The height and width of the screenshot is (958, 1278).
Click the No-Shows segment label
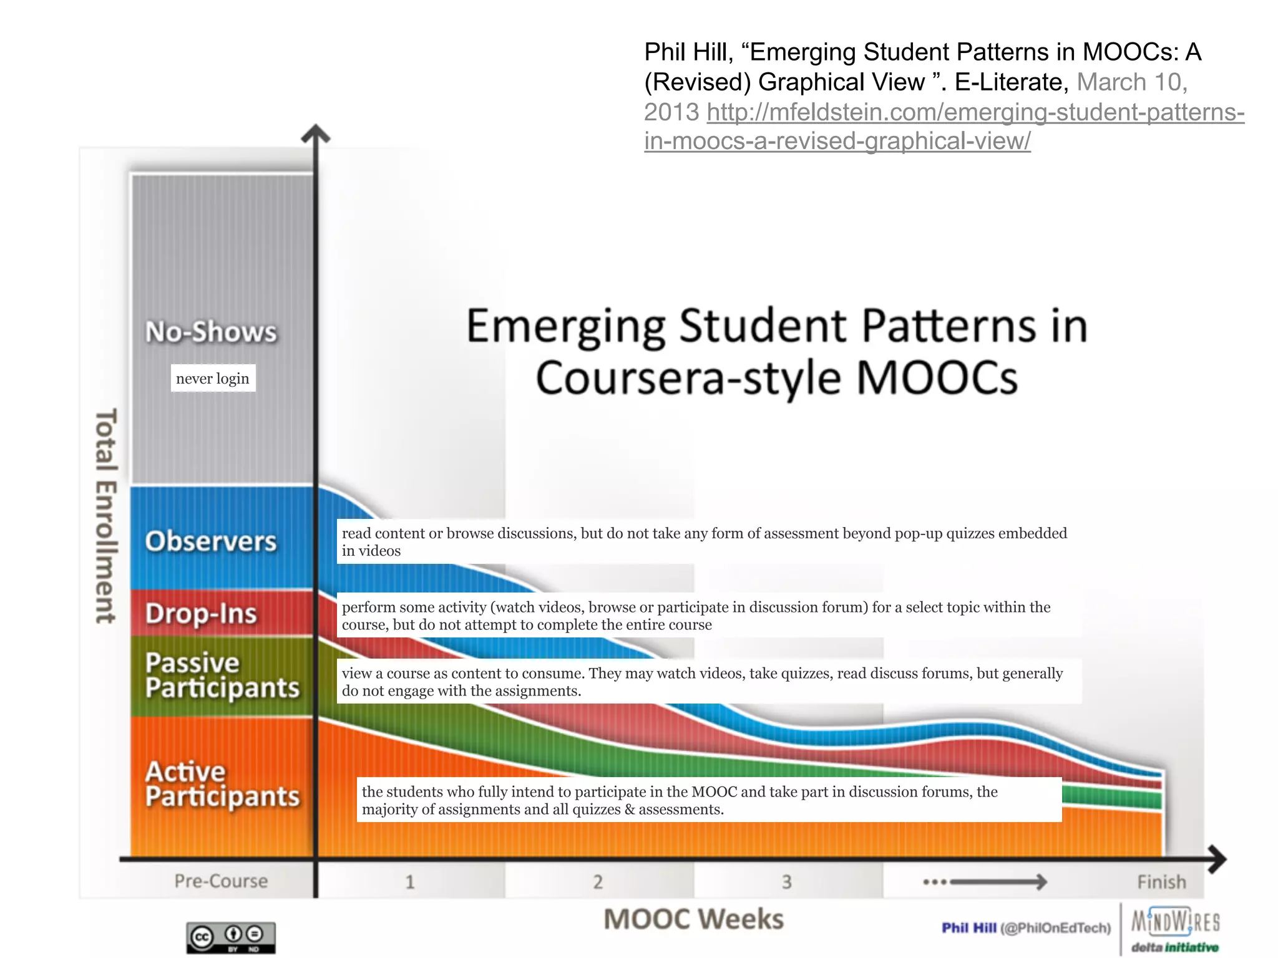click(211, 332)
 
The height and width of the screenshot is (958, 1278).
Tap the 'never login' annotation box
click(213, 378)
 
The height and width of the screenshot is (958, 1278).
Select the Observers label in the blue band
click(210, 541)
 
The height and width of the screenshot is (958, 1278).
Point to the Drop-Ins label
click(201, 614)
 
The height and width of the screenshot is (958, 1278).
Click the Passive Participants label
click(222, 675)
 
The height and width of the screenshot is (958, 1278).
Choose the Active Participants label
click(222, 785)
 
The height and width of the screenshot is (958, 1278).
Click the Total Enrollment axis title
click(105, 516)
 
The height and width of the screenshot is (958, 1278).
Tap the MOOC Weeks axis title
click(693, 919)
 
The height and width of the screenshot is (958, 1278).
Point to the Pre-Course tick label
click(221, 881)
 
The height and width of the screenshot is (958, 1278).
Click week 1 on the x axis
click(410, 882)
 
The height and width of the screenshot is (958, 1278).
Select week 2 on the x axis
click(598, 882)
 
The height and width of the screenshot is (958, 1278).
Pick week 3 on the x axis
click(787, 882)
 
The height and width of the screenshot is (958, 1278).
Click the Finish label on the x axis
click(1161, 882)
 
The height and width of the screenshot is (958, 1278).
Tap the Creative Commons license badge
click(231, 937)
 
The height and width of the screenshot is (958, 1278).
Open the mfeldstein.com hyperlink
click(944, 127)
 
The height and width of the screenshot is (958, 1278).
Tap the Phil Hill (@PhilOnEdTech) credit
click(1026, 928)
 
